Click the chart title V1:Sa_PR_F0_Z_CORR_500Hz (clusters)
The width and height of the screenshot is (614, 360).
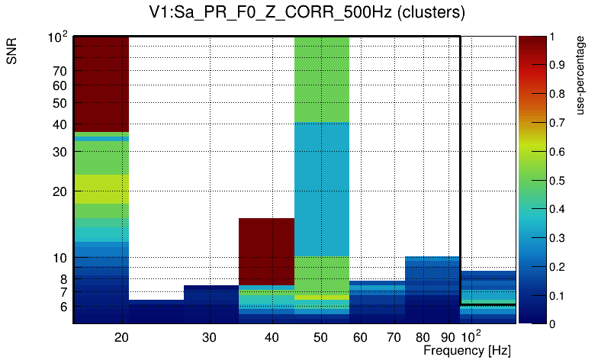tap(307, 13)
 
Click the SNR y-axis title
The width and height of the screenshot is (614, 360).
tap(12, 52)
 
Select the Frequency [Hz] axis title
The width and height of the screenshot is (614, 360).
tap(467, 350)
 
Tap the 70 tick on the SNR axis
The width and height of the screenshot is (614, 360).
tap(60, 71)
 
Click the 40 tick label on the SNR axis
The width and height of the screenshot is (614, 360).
tap(60, 124)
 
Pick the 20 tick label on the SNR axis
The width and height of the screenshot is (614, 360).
tap(60, 191)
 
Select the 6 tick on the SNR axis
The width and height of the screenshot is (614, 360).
tap(64, 307)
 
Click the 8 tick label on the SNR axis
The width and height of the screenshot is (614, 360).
tap(64, 279)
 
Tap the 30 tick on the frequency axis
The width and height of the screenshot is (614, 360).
tap(211, 336)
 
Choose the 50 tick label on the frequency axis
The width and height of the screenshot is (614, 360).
tap(321, 336)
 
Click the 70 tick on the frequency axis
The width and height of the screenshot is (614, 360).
tap(394, 336)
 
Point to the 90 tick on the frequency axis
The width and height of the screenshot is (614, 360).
tap(448, 336)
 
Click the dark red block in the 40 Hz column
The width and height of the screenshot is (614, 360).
tap(266, 251)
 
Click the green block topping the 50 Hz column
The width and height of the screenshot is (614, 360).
tap(321, 79)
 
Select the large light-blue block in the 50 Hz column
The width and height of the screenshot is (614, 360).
tap(321, 188)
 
